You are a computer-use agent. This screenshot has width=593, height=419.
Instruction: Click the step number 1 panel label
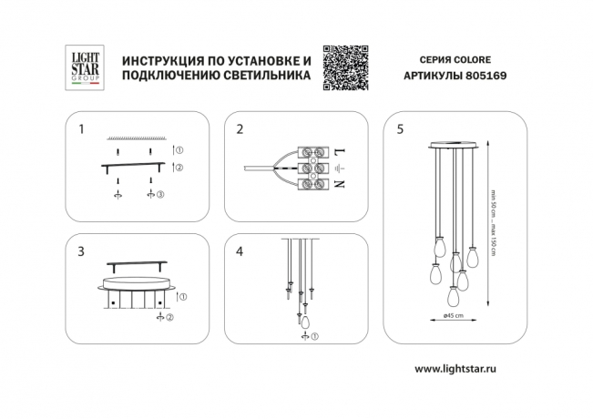click(x=81, y=129)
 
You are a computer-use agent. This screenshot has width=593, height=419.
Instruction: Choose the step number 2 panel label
click(x=240, y=129)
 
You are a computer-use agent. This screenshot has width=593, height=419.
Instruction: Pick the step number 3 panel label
click(x=81, y=250)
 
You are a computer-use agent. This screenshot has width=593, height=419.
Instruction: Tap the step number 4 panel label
click(x=240, y=250)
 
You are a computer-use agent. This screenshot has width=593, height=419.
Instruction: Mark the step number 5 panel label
click(x=399, y=129)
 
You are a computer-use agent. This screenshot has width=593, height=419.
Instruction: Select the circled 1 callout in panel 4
click(x=315, y=338)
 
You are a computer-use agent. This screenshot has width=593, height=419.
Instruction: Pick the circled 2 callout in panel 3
click(x=169, y=315)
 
